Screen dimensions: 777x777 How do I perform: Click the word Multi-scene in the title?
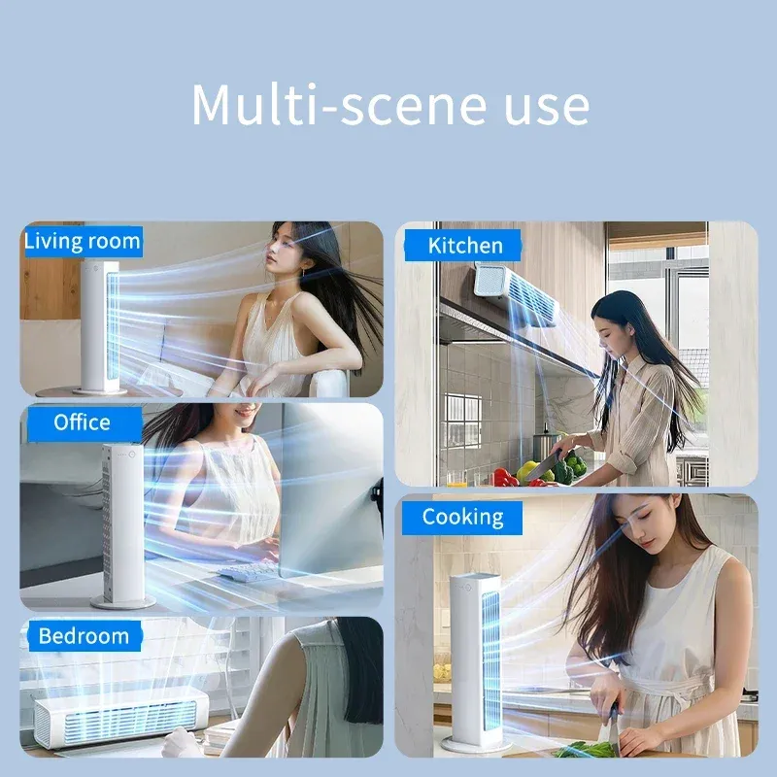340,105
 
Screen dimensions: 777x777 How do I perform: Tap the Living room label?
83,241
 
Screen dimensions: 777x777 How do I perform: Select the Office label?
83,422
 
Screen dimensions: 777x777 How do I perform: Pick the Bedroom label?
84,636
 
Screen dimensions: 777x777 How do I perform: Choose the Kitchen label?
465,246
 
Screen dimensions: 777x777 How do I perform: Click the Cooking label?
462,518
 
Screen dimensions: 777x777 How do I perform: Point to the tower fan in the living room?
100,327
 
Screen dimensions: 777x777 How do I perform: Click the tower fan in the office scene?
122,525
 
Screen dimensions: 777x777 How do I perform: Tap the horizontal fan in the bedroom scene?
120,717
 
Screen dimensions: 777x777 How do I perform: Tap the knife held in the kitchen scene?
543,466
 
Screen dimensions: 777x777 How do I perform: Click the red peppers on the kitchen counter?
505,477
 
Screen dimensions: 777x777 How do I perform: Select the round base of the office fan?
123,602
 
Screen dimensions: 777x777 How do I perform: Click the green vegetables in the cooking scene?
585,749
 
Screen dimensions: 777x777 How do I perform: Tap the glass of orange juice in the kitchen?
456,478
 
